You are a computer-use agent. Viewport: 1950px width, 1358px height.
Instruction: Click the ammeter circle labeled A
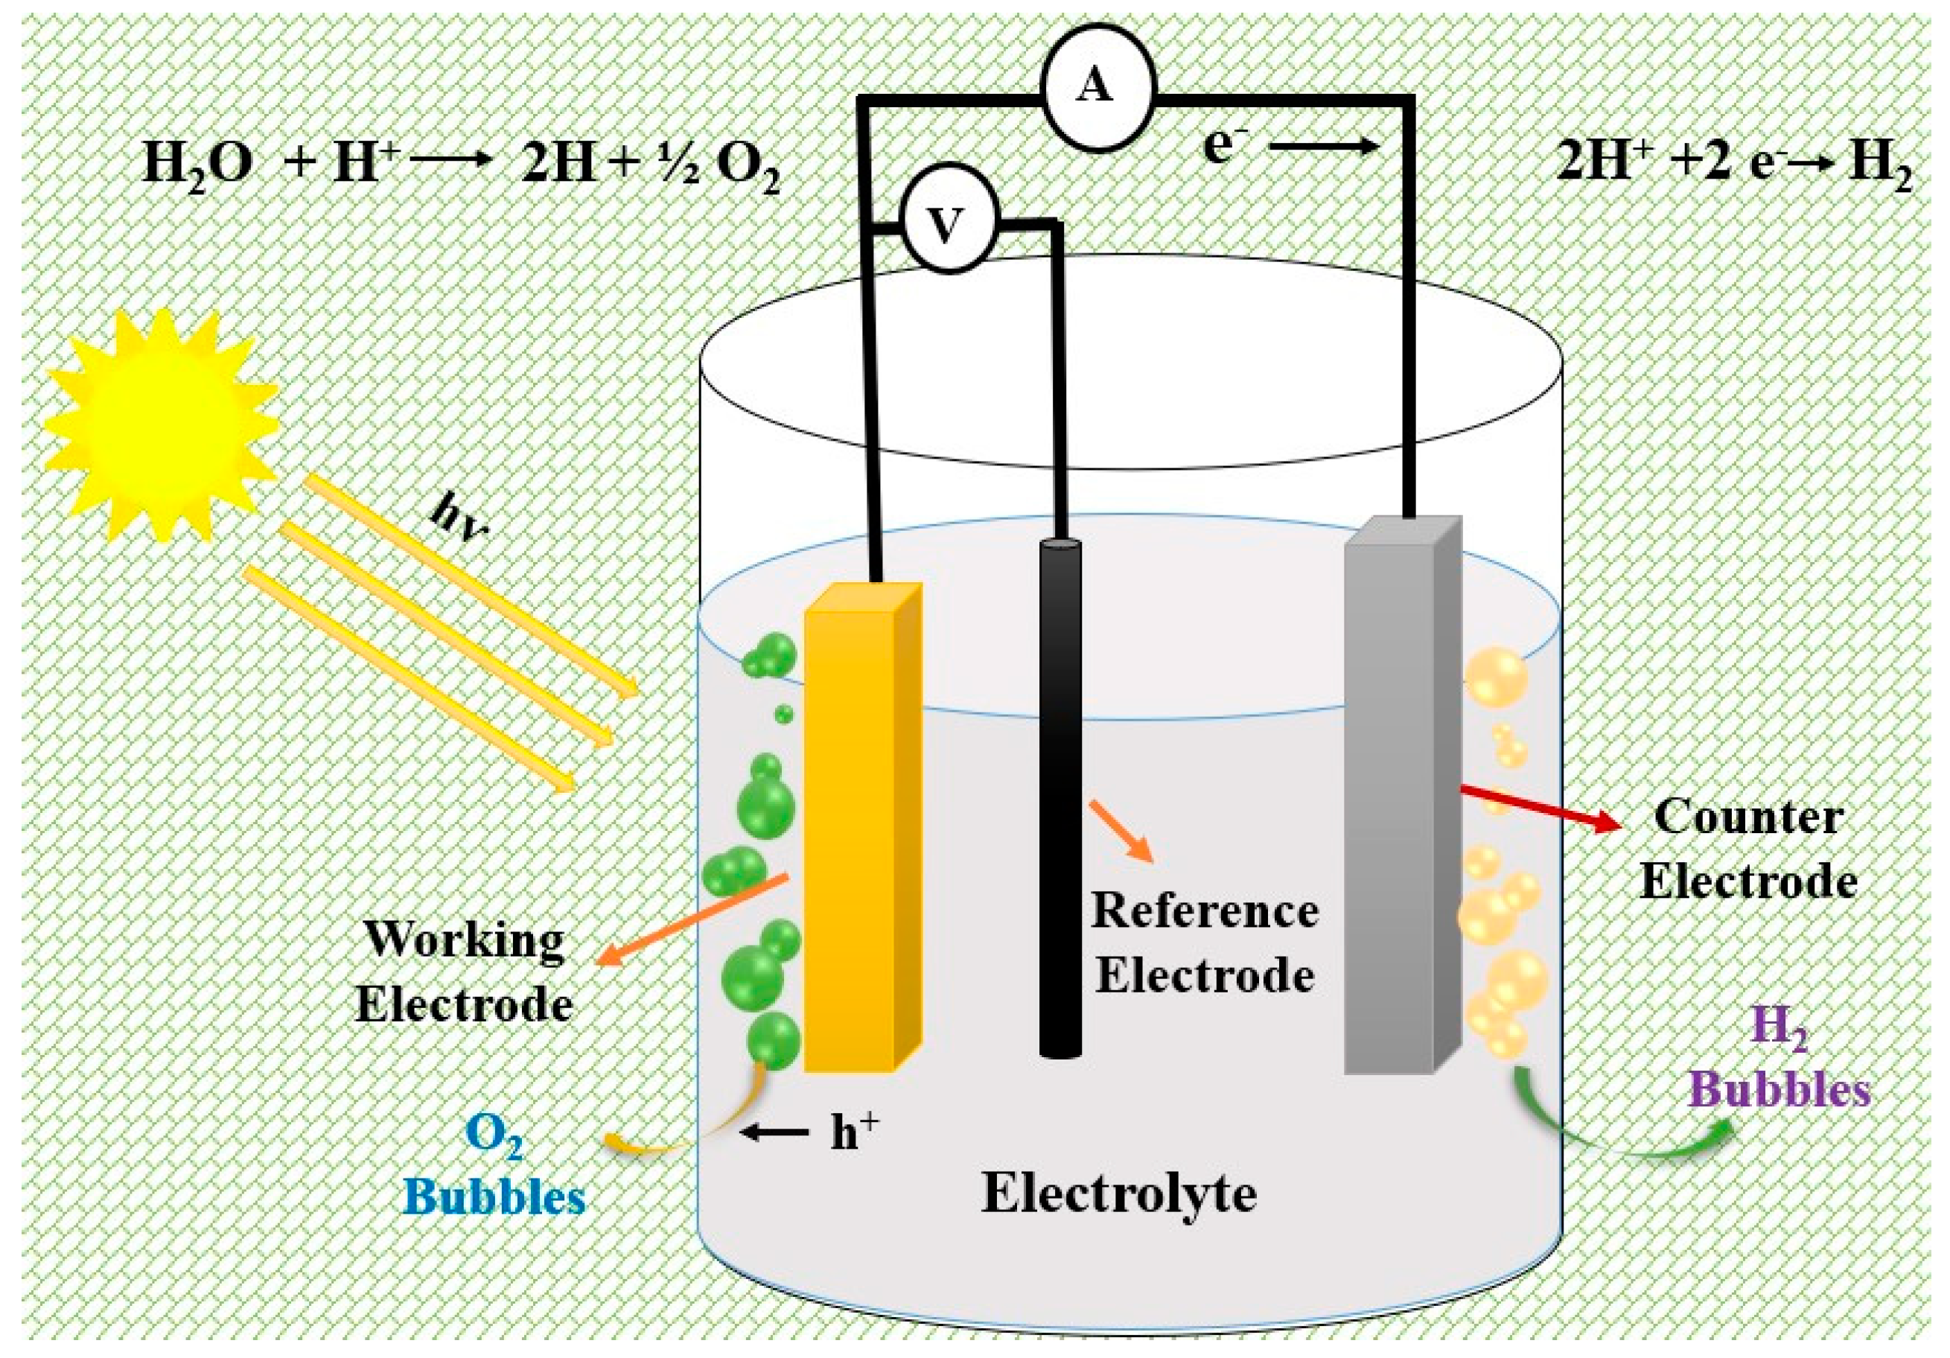1099,86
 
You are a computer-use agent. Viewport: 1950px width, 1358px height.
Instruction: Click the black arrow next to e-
1325,147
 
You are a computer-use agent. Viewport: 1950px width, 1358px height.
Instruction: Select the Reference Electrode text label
1204,942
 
